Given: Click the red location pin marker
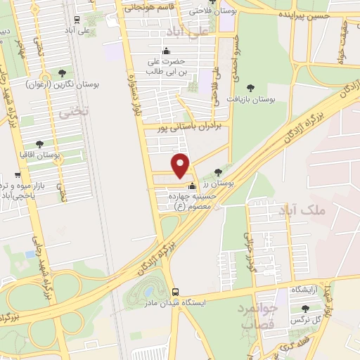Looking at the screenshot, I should pyautogui.click(x=181, y=165).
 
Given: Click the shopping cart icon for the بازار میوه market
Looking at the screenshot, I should pyautogui.click(x=17, y=176).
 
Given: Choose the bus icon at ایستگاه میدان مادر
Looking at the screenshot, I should pyautogui.click(x=175, y=292).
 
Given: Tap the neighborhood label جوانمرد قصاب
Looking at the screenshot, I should pyautogui.click(x=260, y=316).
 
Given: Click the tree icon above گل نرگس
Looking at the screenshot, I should pyautogui.click(x=305, y=308).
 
